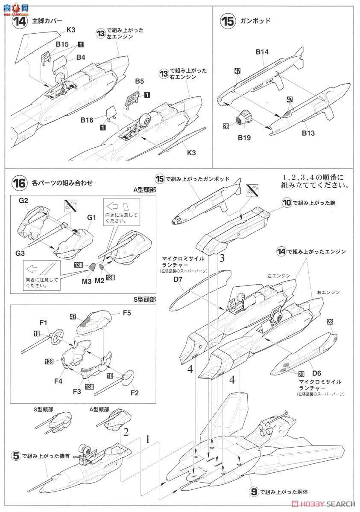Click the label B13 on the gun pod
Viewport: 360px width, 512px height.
point(308,133)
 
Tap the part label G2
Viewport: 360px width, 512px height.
point(23,200)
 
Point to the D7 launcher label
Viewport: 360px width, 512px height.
point(179,278)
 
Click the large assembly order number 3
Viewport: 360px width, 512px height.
point(222,258)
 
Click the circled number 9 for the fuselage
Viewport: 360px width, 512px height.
point(254,492)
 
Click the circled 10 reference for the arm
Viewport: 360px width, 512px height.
point(286,202)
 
